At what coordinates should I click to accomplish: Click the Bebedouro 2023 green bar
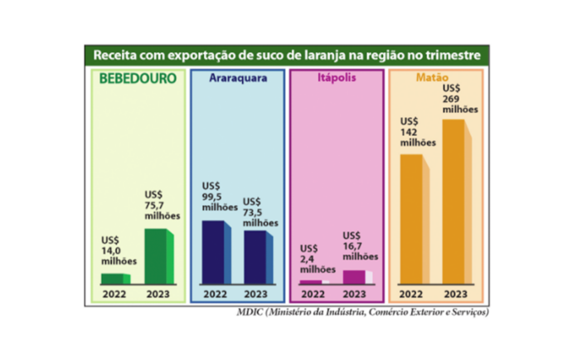tap(158, 256)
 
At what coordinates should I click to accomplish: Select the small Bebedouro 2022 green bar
tap(114, 278)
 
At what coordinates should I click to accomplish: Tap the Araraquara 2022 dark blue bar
tap(214, 252)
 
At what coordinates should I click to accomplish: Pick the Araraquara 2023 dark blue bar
tap(256, 257)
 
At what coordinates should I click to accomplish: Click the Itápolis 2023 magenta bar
tap(355, 276)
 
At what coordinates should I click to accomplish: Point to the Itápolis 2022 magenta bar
tap(312, 281)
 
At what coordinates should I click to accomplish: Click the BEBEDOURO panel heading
tap(138, 80)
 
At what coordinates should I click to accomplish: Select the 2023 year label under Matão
tap(455, 294)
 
